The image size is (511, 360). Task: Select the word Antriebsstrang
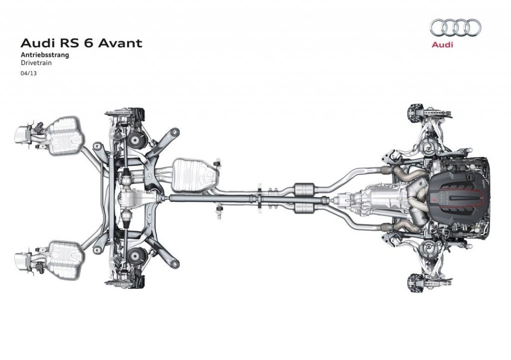(x=45, y=55)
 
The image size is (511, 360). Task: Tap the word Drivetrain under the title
(x=36, y=63)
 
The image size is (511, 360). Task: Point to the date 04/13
(x=28, y=73)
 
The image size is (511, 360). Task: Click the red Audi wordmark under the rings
(x=442, y=44)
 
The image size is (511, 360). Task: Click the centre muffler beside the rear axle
(x=195, y=175)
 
